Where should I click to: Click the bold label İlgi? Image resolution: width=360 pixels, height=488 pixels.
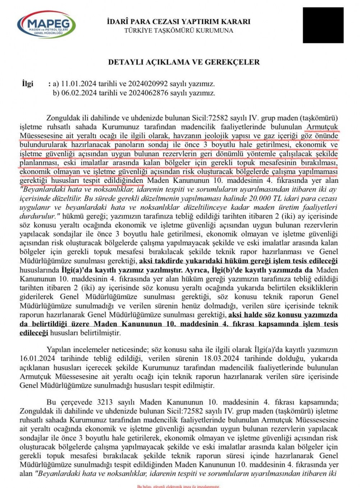pyautogui.click(x=27, y=84)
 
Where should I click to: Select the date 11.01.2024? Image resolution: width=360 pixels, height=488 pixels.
pyautogui.click(x=78, y=84)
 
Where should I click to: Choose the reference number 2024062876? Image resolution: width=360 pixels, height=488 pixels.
pyautogui.click(x=149, y=93)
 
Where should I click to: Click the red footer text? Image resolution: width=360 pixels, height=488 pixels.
pyautogui.click(x=178, y=486)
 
